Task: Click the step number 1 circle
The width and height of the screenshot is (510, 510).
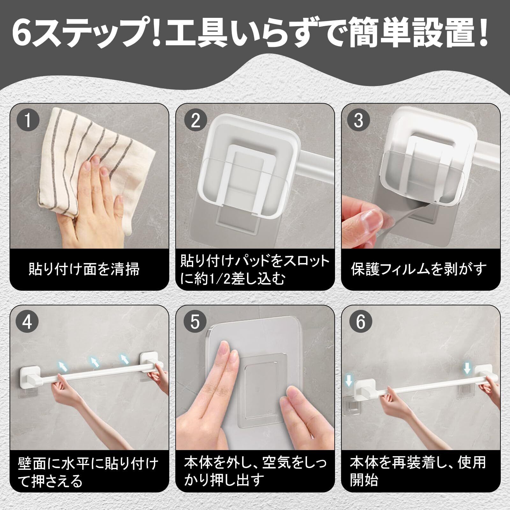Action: click(28, 121)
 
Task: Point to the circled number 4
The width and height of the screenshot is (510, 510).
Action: click(28, 322)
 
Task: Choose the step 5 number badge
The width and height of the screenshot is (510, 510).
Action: click(195, 322)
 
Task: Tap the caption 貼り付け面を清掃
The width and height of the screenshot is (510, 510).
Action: click(84, 269)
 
